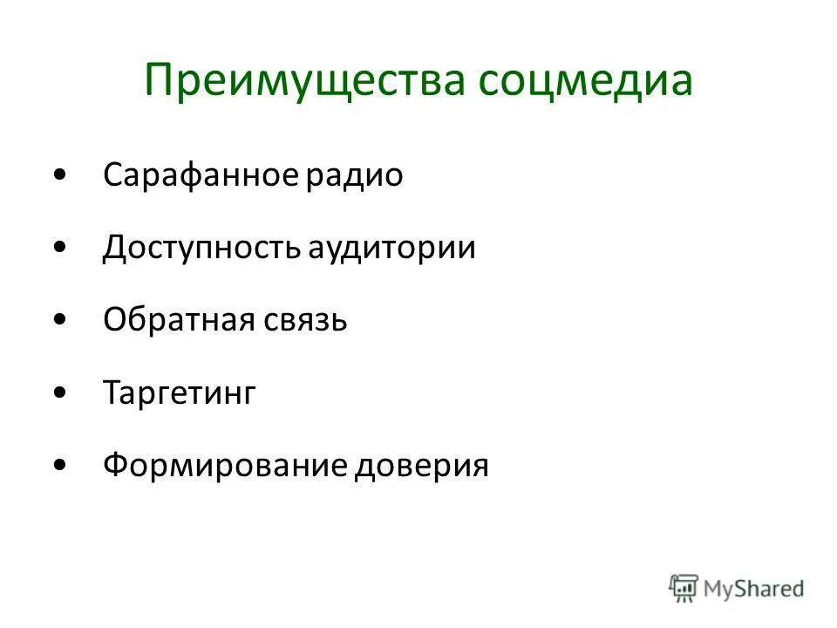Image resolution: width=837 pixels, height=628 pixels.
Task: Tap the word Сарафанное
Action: (x=201, y=175)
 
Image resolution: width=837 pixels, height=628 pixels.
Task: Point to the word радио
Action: (x=355, y=175)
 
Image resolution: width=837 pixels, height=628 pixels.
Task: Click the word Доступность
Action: (x=202, y=249)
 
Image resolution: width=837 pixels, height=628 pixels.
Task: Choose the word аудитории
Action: (x=392, y=249)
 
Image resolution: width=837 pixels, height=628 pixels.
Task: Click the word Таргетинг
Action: (x=180, y=394)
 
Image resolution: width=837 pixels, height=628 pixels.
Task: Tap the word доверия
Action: (x=422, y=467)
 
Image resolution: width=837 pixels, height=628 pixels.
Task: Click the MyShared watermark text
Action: (x=753, y=588)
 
